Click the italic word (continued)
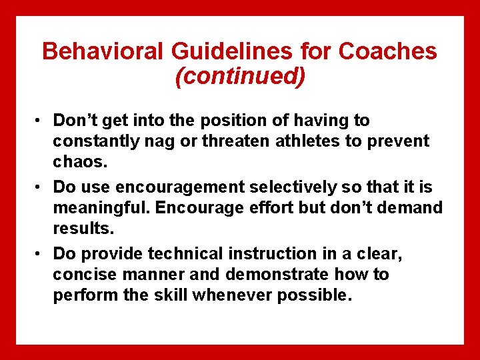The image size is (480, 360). coord(240,76)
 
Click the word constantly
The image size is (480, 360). coord(95,141)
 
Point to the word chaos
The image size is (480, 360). coord(77,162)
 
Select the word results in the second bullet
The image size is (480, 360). coord(83,229)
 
